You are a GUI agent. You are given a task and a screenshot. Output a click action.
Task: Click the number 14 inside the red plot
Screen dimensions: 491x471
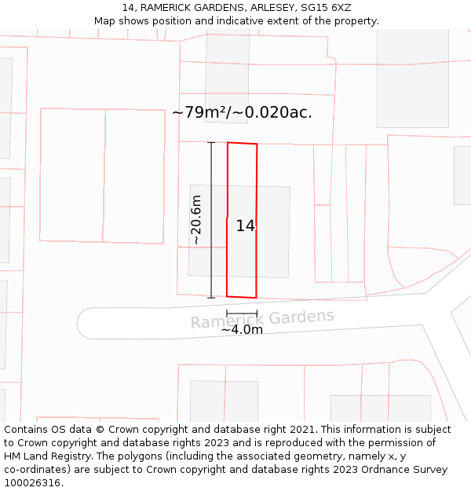pyautogui.click(x=245, y=225)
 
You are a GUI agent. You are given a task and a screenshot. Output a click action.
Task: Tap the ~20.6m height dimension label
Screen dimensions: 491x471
pyautogui.click(x=196, y=220)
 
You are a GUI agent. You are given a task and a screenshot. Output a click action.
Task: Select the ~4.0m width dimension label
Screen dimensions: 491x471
pyautogui.click(x=242, y=330)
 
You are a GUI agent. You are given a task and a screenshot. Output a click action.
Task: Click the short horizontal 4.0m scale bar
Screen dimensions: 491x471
pyautogui.click(x=242, y=313)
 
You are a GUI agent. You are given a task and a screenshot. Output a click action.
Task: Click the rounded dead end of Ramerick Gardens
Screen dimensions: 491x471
pyautogui.click(x=86, y=324)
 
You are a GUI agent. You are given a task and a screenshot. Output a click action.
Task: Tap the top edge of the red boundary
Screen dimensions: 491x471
pyautogui.click(x=242, y=143)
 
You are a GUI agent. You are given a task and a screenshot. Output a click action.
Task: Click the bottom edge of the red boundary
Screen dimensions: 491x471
pyautogui.click(x=242, y=297)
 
